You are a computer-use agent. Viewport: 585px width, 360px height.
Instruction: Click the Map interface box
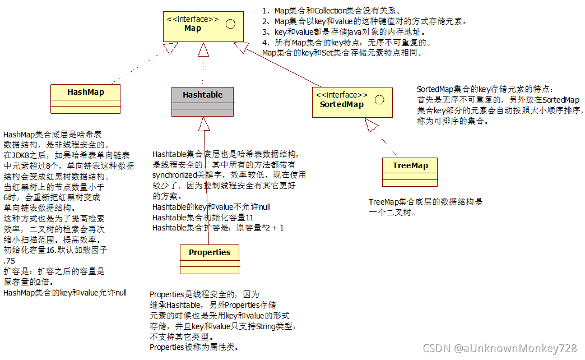click(x=202, y=26)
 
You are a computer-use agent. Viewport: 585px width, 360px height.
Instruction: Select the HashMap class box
click(x=86, y=99)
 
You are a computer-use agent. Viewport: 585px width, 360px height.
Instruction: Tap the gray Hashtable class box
click(x=202, y=101)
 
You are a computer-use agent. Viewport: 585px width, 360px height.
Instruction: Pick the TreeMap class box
click(x=410, y=172)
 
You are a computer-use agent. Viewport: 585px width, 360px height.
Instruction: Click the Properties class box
click(x=210, y=259)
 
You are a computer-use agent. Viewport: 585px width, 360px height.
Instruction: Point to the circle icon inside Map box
click(x=230, y=24)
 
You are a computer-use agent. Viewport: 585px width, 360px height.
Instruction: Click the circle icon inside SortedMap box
click(x=379, y=100)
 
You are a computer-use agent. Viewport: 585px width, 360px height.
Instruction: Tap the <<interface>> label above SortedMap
click(x=342, y=95)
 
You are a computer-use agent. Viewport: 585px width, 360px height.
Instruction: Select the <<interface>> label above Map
click(x=192, y=19)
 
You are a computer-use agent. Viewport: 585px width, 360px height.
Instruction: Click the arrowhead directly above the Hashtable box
click(x=203, y=50)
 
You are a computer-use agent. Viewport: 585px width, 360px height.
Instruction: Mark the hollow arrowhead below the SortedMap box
click(x=372, y=126)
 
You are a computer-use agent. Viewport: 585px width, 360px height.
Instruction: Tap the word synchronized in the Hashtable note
click(x=174, y=175)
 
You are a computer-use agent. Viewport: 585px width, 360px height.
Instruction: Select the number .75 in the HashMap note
click(x=9, y=261)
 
